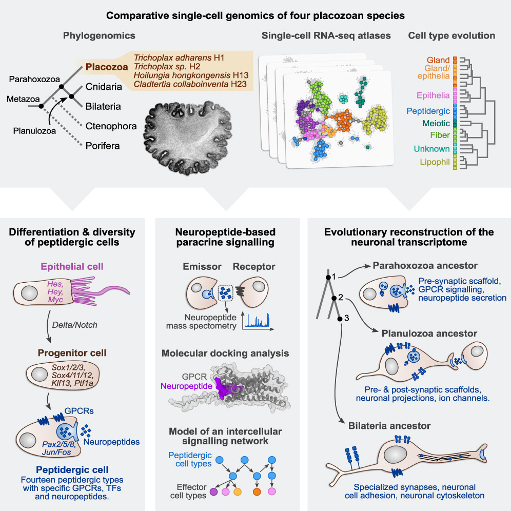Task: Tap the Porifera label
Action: click(103, 146)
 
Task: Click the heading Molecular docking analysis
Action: click(225, 354)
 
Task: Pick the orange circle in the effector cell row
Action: click(257, 493)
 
